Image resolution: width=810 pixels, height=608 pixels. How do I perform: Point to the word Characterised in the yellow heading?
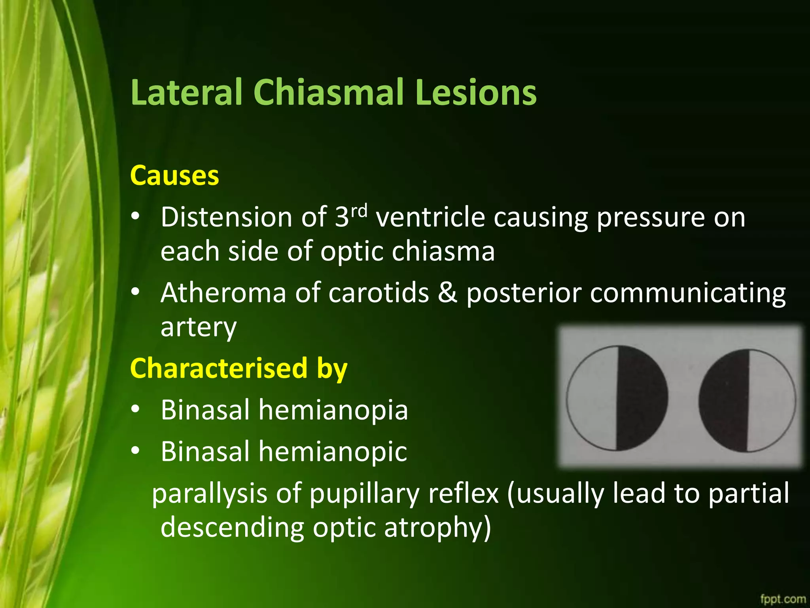coord(219,368)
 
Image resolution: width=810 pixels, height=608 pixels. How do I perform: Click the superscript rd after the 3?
coord(359,211)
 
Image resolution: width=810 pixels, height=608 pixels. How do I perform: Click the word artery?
coord(199,328)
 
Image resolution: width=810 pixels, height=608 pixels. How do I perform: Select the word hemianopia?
coord(333,410)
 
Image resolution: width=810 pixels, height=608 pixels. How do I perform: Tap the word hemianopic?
coord(333,451)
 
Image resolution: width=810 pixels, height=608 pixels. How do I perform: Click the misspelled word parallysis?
coord(210,494)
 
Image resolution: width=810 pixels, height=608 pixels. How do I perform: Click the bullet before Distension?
coord(136,217)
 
